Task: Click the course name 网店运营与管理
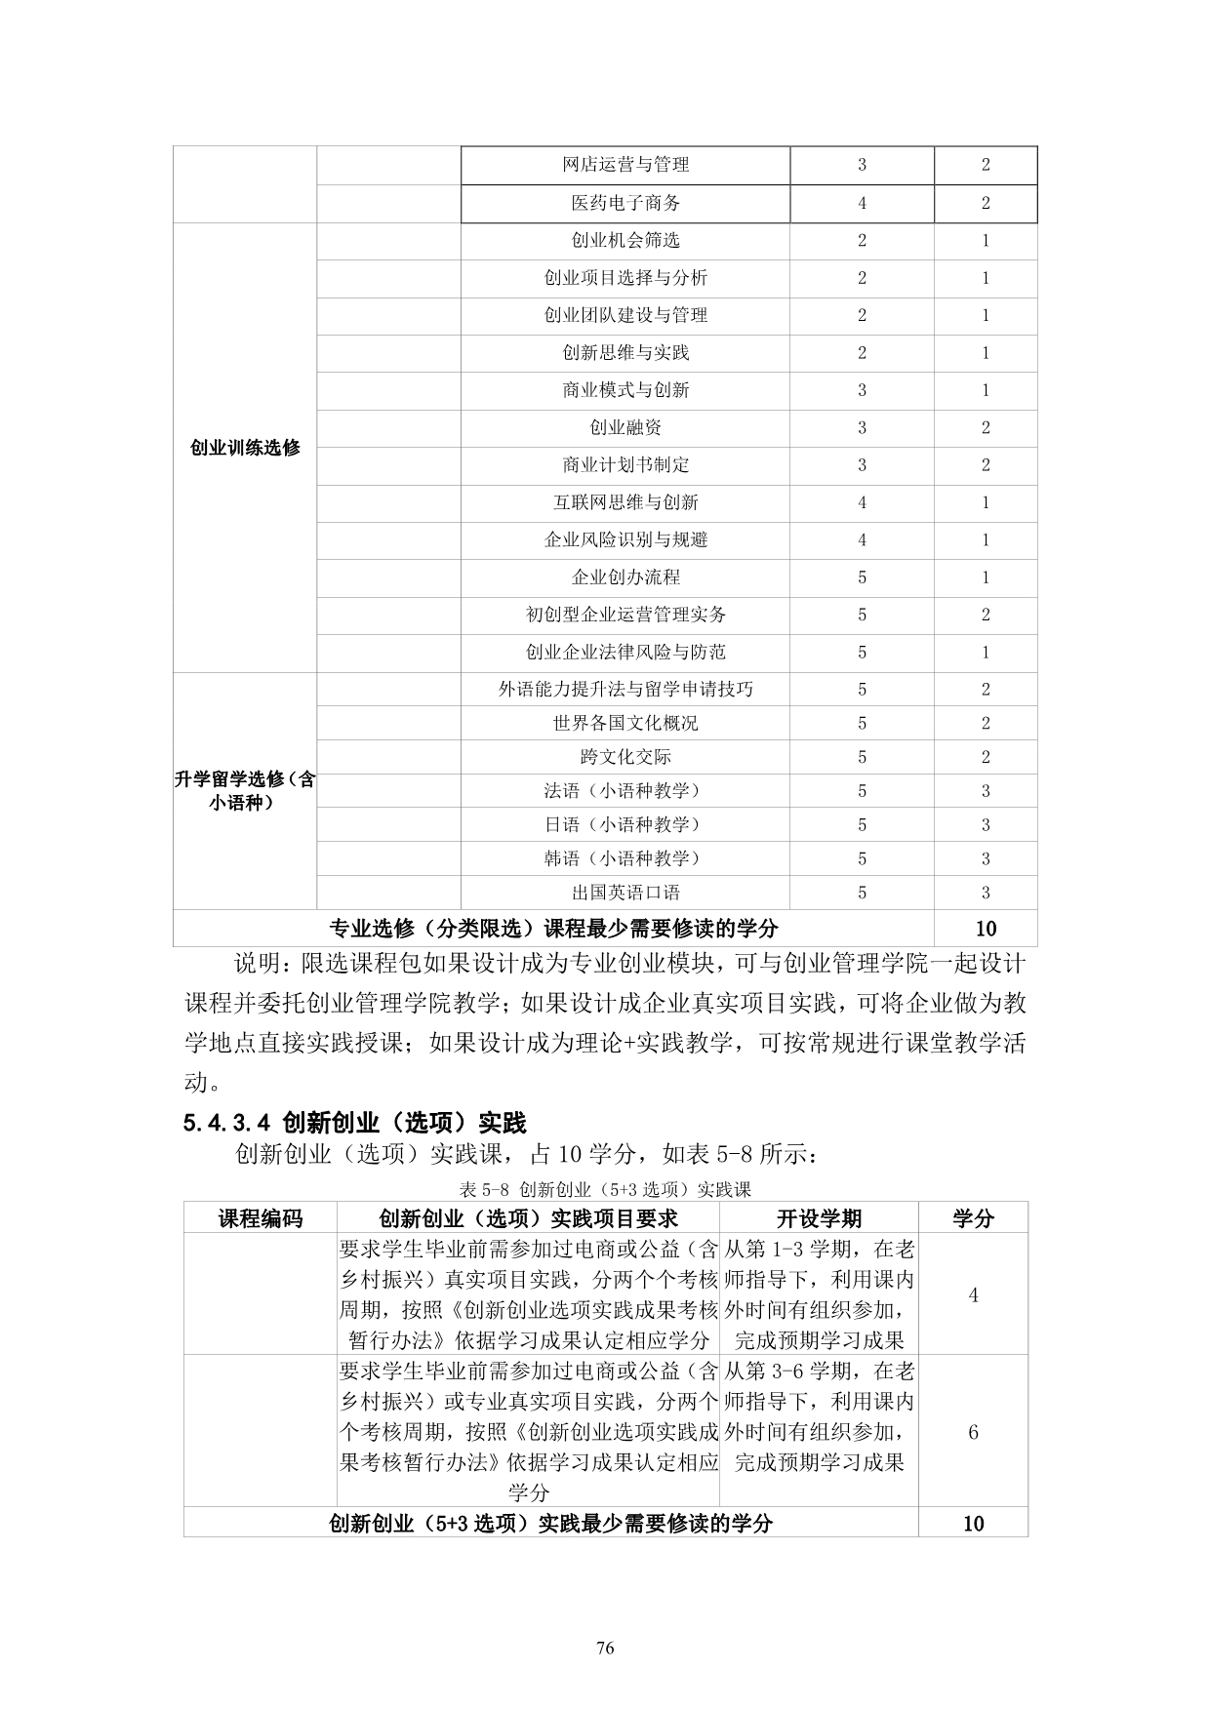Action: (x=625, y=165)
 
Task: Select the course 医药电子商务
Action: (x=625, y=203)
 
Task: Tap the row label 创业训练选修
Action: (x=245, y=449)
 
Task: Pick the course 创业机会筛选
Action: (x=625, y=240)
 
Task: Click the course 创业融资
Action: (x=625, y=427)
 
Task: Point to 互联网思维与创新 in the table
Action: (x=625, y=502)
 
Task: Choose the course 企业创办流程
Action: (x=625, y=577)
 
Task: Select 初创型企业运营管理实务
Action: (x=625, y=615)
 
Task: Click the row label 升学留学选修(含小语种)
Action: (x=245, y=792)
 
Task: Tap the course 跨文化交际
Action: (x=625, y=757)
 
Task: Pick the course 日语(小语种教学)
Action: (x=625, y=825)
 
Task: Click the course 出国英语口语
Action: (x=625, y=893)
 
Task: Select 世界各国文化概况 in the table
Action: (x=625, y=723)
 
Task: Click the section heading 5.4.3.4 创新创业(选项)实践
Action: (x=354, y=1123)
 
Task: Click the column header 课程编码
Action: (x=260, y=1218)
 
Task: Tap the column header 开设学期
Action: (x=819, y=1218)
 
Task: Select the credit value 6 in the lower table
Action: (x=973, y=1432)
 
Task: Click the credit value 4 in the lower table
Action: (x=973, y=1295)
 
